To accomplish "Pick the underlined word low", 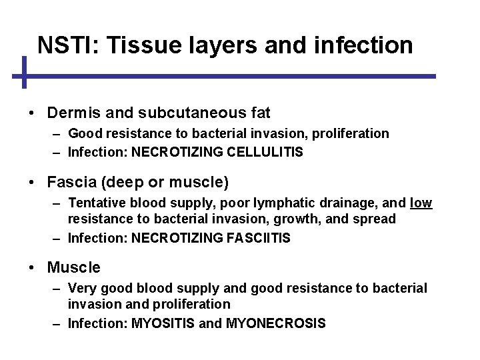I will click(x=421, y=202).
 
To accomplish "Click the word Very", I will click(x=82, y=288).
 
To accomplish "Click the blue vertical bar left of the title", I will click(x=23, y=73).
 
